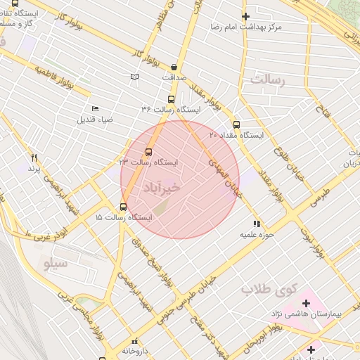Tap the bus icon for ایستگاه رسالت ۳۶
(171, 99)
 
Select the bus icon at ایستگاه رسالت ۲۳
(148, 152)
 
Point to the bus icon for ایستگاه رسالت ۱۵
(124, 207)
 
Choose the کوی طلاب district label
(270, 288)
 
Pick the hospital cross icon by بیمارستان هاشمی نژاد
(306, 303)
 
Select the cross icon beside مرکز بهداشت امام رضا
(245, 16)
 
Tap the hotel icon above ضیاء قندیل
(96, 108)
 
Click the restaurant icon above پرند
(34, 157)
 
